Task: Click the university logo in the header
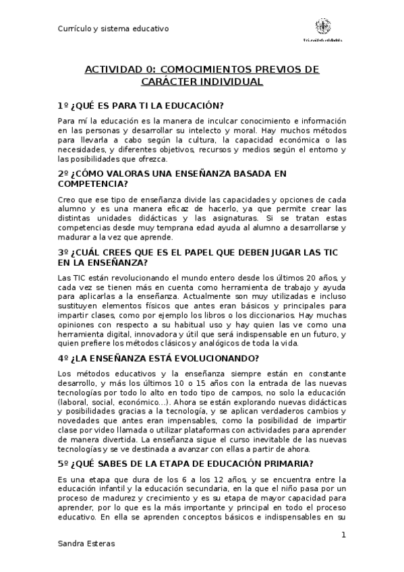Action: coord(323,28)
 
